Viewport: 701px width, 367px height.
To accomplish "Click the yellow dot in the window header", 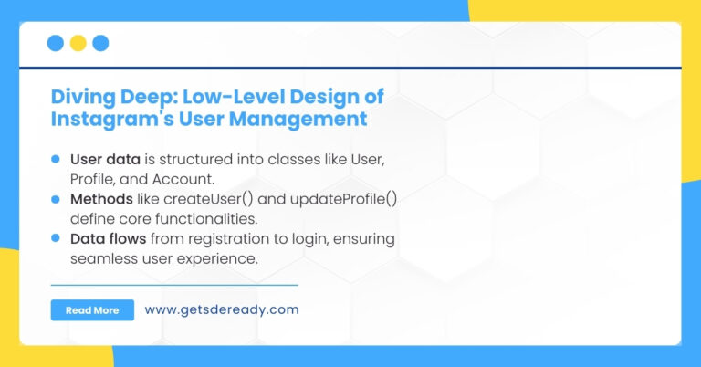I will [78, 43].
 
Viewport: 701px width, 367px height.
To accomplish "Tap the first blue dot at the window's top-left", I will [55, 43].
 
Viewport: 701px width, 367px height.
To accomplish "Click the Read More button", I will [92, 310].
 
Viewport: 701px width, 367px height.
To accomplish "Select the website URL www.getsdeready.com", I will [221, 309].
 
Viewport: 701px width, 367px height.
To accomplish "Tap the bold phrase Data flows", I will [107, 239].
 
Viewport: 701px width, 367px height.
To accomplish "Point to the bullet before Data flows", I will [56, 239].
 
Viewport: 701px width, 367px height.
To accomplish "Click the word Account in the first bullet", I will [192, 178].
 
